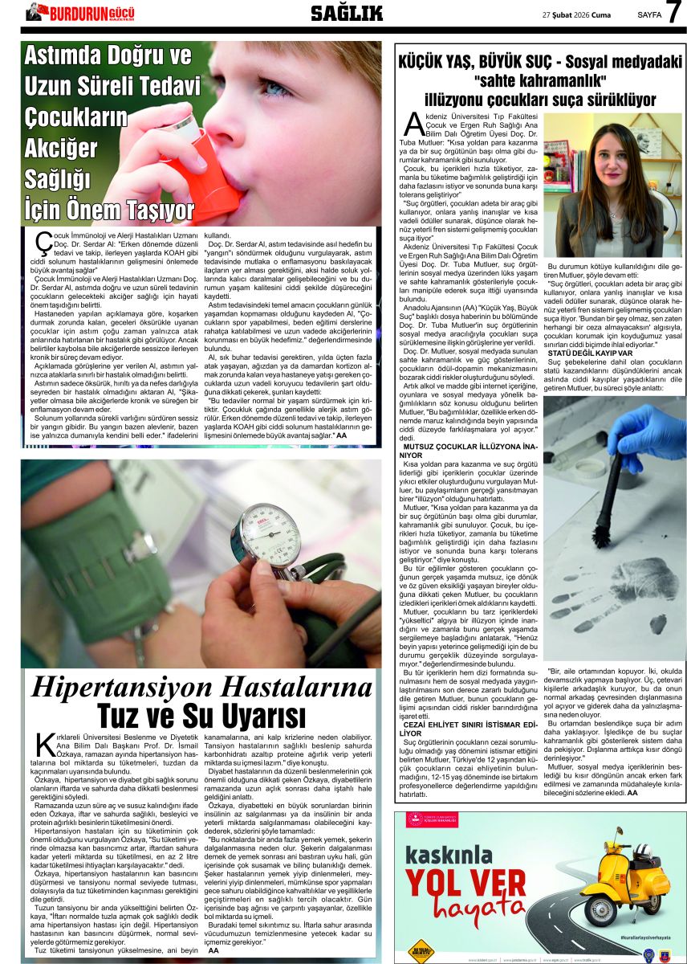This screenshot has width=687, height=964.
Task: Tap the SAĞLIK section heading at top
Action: (347, 12)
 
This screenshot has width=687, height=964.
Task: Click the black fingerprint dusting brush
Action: (609, 499)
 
